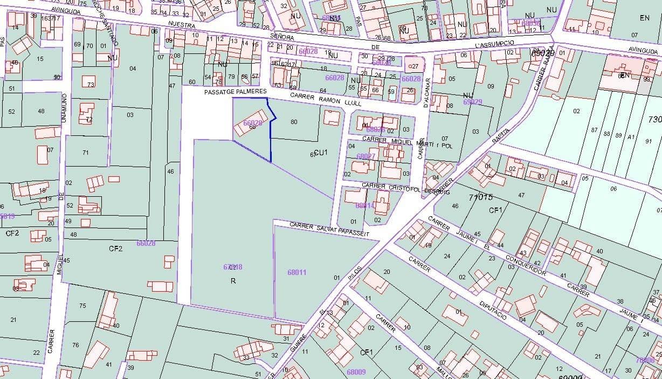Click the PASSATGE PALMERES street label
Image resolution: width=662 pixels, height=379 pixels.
pyautogui.click(x=235, y=92)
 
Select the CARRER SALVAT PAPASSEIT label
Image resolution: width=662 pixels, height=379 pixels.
pyautogui.click(x=329, y=229)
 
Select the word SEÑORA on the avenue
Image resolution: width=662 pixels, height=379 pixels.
pyautogui.click(x=282, y=37)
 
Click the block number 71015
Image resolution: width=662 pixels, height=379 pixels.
pyautogui.click(x=480, y=197)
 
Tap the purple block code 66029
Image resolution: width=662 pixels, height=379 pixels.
pyautogui.click(x=252, y=123)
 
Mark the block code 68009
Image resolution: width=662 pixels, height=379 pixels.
pyautogui.click(x=356, y=371)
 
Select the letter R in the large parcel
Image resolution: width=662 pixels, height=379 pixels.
pyautogui.click(x=233, y=281)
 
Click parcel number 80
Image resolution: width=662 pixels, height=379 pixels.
pyautogui.click(x=294, y=122)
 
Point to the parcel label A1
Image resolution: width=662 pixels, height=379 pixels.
pyautogui.click(x=631, y=137)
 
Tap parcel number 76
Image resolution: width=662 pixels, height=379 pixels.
pyautogui.click(x=75, y=345)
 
